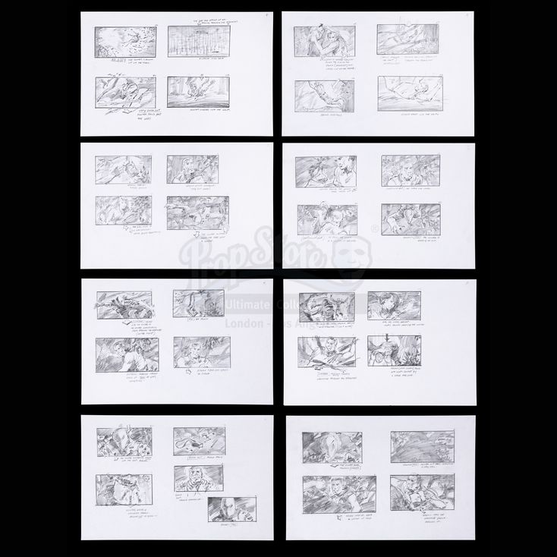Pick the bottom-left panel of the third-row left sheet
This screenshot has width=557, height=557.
pos(127,353)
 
